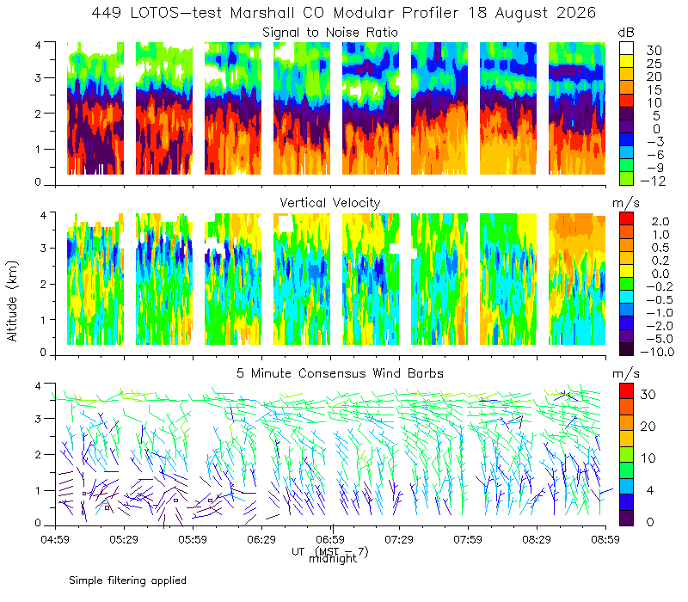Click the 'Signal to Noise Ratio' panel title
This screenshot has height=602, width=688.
pos(330,33)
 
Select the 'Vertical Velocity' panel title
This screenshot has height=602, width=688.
pos(330,203)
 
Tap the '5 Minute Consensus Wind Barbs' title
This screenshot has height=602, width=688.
pos(340,373)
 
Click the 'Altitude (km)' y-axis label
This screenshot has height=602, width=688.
pos(12,301)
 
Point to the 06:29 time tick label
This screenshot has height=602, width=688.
pos(261,539)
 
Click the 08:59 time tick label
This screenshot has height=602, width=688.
pos(605,539)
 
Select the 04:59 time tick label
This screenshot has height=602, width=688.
pos(55,539)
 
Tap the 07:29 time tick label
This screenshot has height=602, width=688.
pos(399,539)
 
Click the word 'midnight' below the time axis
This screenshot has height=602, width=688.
pos(333,559)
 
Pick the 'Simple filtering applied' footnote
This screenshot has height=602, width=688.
pos(127,580)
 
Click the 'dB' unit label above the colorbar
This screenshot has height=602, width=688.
pos(626,33)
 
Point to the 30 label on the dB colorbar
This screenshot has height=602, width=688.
pos(654,51)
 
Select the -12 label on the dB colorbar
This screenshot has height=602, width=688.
pos(653,181)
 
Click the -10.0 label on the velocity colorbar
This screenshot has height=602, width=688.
pos(657,352)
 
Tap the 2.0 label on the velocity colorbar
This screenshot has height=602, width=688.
pos(660,221)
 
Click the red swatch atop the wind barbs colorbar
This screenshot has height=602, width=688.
pos(626,391)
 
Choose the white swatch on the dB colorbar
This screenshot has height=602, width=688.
pos(626,48)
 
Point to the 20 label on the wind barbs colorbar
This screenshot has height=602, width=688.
pos(648,426)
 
